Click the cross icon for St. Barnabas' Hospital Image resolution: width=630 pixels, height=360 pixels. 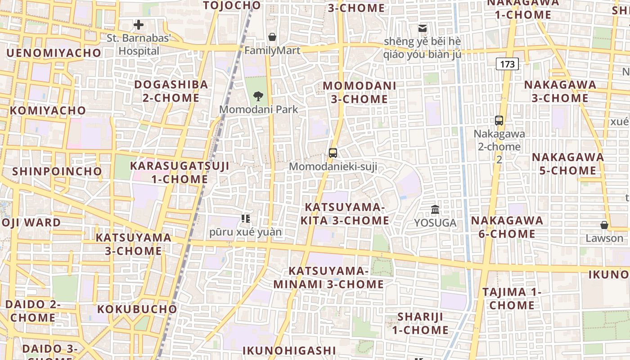(x=139, y=25)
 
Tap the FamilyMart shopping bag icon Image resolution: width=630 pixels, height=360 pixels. (x=272, y=36)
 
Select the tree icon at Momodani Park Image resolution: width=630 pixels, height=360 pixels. (x=258, y=95)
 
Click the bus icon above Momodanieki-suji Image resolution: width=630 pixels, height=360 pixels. (x=333, y=153)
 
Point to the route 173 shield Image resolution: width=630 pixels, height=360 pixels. (x=507, y=64)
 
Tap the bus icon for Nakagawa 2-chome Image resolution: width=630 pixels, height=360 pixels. (x=499, y=120)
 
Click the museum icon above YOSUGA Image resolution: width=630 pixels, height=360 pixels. (x=435, y=209)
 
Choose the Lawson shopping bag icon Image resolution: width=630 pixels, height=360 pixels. (x=604, y=225)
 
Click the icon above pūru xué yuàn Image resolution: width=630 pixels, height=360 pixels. (x=246, y=219)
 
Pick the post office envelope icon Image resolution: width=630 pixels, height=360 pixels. (x=423, y=28)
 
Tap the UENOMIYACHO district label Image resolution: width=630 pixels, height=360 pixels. (x=54, y=53)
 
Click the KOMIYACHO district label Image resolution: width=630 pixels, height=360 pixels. (x=48, y=110)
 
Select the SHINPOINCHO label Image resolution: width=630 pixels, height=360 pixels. (x=57, y=171)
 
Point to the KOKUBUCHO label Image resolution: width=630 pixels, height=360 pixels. (x=137, y=309)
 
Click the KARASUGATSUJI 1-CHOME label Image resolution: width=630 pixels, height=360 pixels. (x=180, y=172)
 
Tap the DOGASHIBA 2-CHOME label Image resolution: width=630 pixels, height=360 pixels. (x=171, y=91)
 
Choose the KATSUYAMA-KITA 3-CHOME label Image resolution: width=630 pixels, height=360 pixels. (x=345, y=214)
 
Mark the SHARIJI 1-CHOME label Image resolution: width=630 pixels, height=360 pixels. (x=420, y=323)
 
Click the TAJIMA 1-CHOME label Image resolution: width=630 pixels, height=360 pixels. (x=512, y=298)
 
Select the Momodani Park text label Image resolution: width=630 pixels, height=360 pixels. (x=259, y=109)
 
